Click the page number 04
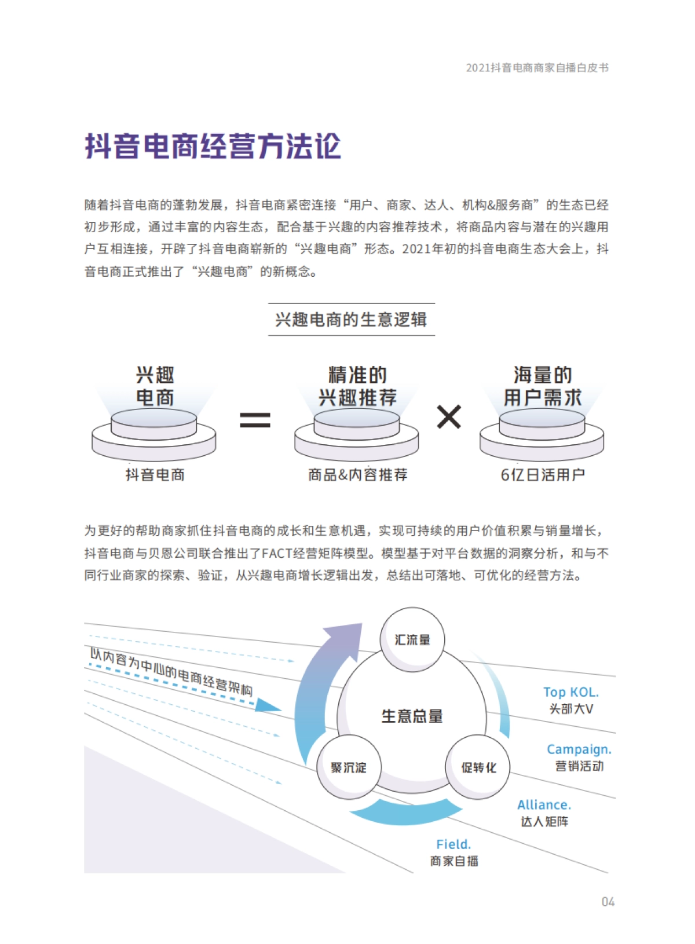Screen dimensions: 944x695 pos(608,902)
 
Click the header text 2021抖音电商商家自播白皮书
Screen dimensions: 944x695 pos(537,68)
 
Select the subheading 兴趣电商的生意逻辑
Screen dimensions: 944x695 pos(351,320)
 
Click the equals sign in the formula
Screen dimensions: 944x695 pos(255,419)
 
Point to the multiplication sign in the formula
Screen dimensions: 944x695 pos(449,417)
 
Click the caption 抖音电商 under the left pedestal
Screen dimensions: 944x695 pos(155,475)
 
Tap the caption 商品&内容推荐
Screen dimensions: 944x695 pos(357,475)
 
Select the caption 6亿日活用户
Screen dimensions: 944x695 pos(543,475)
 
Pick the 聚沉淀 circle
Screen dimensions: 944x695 pos(349,768)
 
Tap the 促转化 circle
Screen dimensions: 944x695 pos(478,768)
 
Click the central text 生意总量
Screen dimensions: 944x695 pos(412,716)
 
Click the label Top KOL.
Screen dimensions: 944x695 pos(571,692)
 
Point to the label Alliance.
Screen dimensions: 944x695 pos(544,805)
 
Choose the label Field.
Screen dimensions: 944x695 pos(453,844)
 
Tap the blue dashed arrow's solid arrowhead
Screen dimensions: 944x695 pos(268,705)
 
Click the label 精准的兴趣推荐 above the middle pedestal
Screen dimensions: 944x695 pos(357,386)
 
